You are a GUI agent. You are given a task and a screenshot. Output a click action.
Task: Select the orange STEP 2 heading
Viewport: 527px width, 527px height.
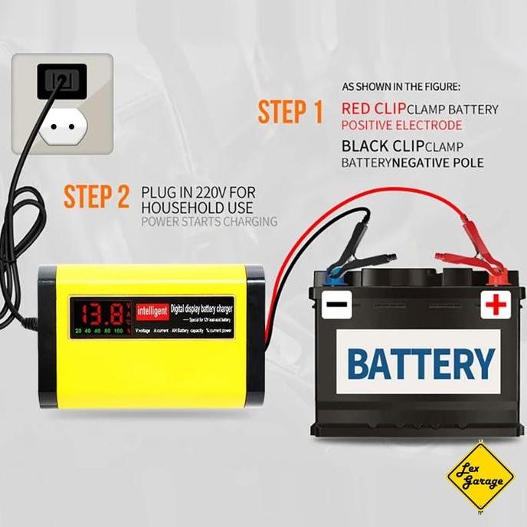pyautogui.click(x=97, y=197)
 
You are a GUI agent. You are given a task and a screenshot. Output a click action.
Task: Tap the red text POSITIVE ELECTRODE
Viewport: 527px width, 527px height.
pyautogui.click(x=401, y=125)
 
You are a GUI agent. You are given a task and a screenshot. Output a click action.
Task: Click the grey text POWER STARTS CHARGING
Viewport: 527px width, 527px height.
pyautogui.click(x=209, y=222)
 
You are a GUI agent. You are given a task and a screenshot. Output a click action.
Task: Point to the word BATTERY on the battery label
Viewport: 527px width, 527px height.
pyautogui.click(x=421, y=362)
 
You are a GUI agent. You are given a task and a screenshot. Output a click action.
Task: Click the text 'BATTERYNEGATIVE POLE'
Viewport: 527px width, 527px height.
pyautogui.click(x=412, y=162)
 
